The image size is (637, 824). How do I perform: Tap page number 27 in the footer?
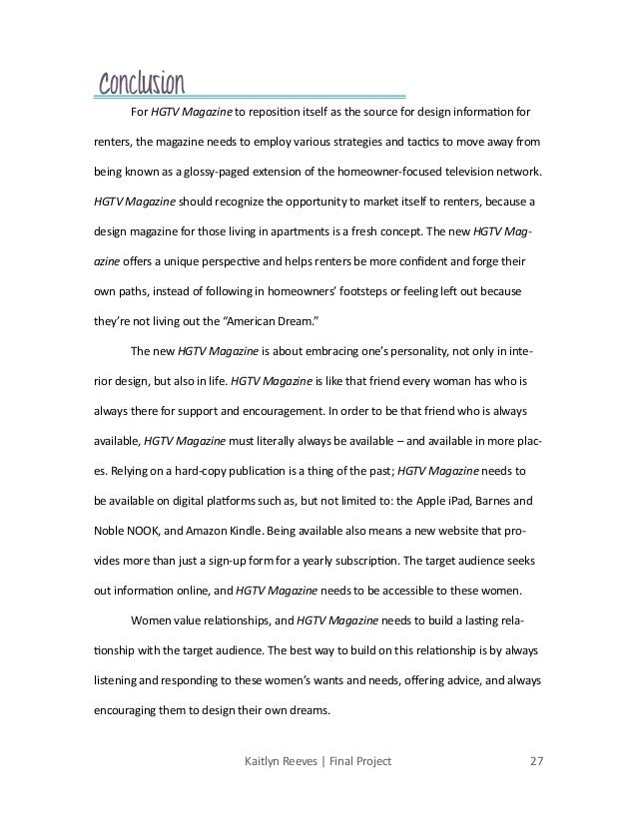pos(535,762)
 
